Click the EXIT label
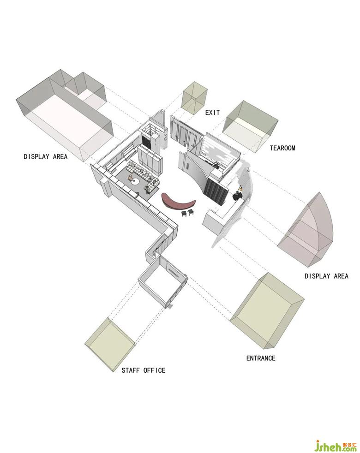(212, 113)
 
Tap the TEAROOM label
(282, 148)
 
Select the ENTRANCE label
(261, 358)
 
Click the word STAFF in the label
(131, 370)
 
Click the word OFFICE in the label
(155, 370)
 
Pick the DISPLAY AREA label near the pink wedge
(326, 276)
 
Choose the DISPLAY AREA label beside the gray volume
(45, 156)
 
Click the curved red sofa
(179, 201)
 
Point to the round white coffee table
(135, 181)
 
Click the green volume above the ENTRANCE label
(267, 310)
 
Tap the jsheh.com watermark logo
(336, 445)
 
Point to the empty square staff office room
(163, 282)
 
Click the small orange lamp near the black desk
(240, 188)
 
